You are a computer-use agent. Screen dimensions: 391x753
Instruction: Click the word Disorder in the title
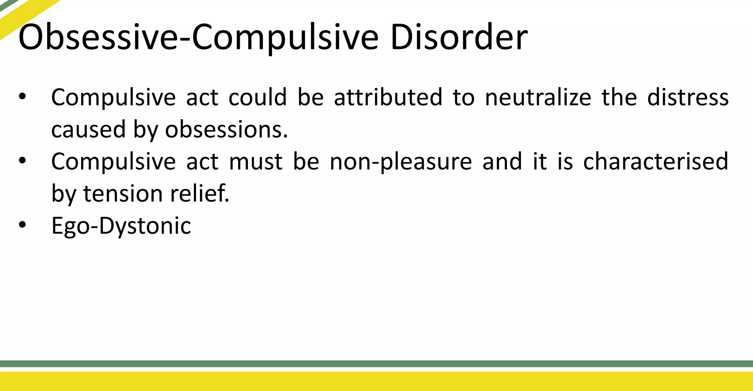(x=458, y=37)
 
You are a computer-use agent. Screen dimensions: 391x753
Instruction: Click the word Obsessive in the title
(x=98, y=37)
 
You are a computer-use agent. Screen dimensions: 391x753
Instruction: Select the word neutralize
(x=538, y=97)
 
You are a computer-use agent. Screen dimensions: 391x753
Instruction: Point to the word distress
(x=688, y=97)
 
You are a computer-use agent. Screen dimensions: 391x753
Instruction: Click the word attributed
(x=388, y=97)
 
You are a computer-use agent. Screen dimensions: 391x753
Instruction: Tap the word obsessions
(x=226, y=130)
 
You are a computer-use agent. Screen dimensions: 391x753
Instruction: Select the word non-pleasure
(x=401, y=162)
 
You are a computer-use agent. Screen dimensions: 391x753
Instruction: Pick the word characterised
(x=656, y=162)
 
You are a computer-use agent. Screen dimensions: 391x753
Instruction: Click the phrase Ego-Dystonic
(x=121, y=226)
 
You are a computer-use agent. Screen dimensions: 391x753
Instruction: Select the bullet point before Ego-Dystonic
(x=22, y=225)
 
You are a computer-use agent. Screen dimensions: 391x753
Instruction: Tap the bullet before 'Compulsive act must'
(x=22, y=161)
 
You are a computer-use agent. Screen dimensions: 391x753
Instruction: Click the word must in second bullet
(x=256, y=162)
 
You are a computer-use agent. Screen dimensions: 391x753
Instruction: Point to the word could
(x=257, y=97)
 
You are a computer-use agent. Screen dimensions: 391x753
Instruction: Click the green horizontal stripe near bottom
(x=376, y=363)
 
